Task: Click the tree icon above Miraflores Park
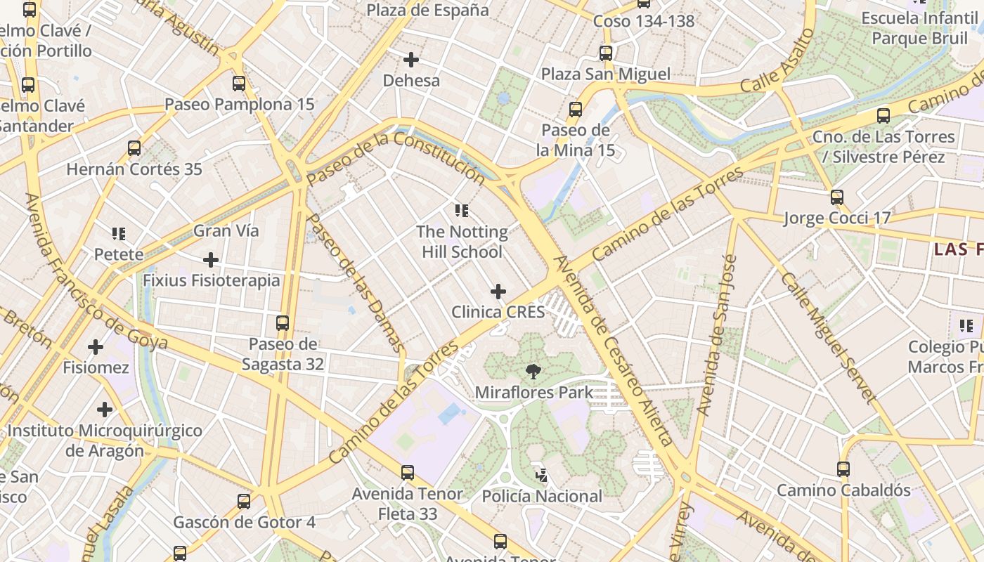533,372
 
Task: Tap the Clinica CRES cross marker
498,292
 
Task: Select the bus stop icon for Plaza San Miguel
605,53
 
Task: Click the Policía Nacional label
542,496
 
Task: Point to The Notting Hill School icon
462,211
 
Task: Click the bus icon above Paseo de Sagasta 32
283,323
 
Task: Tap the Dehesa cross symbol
411,60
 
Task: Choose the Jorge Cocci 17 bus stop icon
836,197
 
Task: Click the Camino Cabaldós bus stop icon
843,469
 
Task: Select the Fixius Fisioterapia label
211,280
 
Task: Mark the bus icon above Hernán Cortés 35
134,148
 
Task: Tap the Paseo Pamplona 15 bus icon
239,84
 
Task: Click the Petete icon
119,233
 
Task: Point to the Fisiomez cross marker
96,347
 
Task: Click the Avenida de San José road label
716,334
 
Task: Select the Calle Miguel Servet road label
829,338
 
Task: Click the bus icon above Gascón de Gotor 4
244,502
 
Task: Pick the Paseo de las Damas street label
356,282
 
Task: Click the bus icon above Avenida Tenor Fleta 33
408,473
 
